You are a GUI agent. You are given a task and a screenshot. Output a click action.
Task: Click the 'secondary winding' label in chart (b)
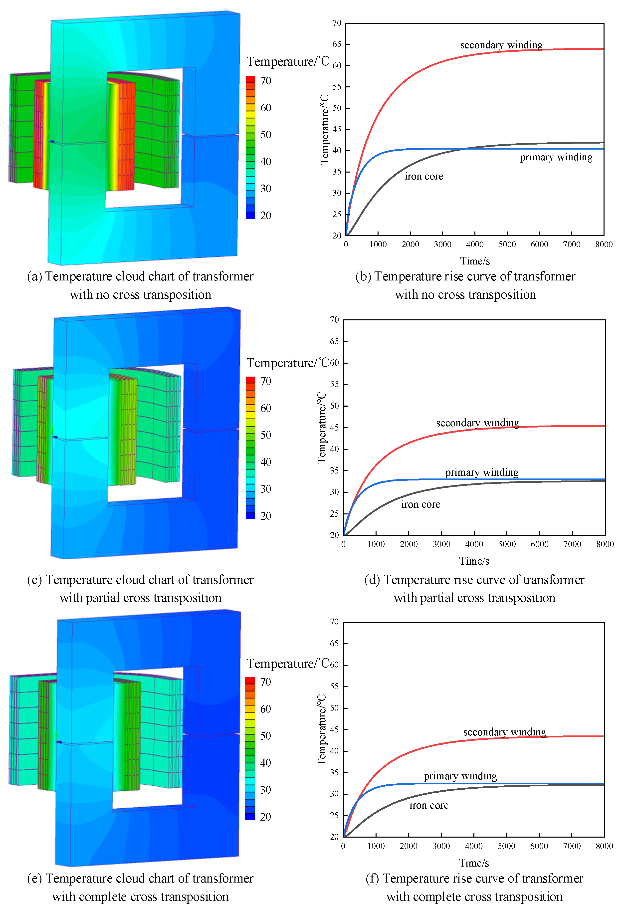[501, 45]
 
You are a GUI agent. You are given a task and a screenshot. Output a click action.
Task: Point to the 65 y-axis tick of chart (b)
[337, 44]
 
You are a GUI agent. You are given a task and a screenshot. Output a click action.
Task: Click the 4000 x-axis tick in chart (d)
[474, 544]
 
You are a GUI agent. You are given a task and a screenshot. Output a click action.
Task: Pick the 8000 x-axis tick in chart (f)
[604, 846]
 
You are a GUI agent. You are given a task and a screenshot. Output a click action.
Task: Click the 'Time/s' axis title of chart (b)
[474, 261]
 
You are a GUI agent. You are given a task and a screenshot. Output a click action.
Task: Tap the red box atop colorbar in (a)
[250, 79]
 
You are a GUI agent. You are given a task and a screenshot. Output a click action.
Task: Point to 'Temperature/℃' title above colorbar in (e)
[287, 664]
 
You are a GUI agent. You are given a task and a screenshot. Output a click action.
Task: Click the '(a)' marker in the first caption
[34, 277]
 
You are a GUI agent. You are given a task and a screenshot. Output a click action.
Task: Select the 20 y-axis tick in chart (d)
[334, 535]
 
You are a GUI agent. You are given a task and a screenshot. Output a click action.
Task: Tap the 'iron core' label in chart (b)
[423, 176]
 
